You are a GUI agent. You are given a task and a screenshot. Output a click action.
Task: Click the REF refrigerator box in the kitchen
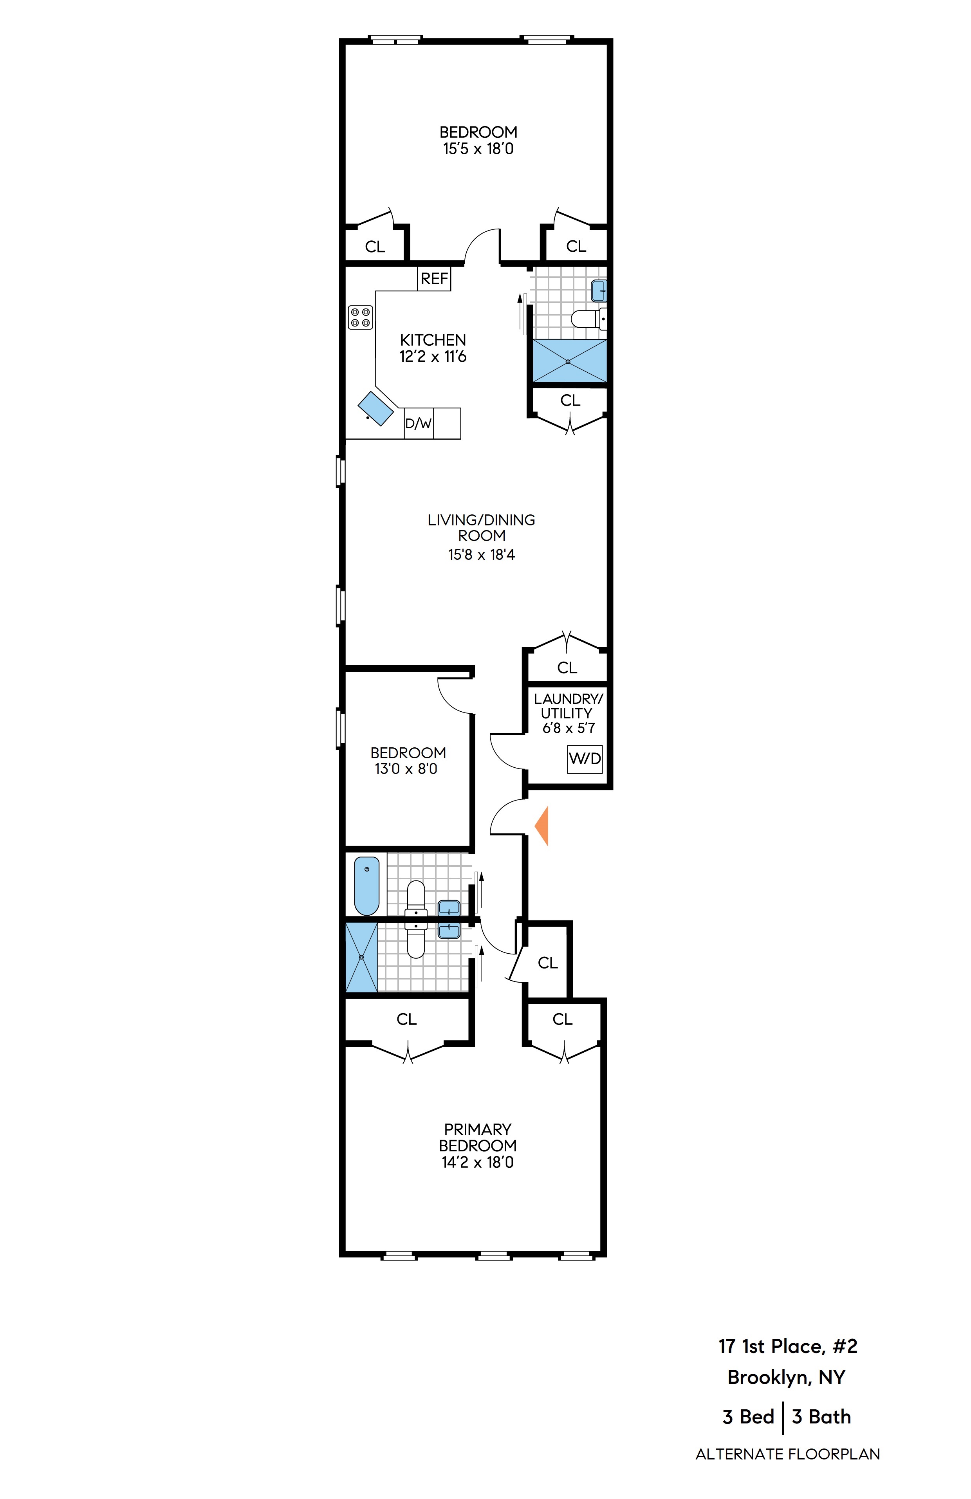point(434,278)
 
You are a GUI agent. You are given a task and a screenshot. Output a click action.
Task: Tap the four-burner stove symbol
point(360,317)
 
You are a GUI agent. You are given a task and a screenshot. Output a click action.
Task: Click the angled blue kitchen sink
point(375,408)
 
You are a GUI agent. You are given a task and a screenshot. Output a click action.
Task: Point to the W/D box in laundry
point(584,758)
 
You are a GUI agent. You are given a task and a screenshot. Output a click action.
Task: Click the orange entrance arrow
point(543,825)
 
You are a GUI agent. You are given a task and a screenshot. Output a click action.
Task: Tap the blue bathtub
point(367,884)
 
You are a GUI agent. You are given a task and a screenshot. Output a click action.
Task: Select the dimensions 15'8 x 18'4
point(482,555)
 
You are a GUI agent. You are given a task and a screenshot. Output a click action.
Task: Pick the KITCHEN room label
point(433,340)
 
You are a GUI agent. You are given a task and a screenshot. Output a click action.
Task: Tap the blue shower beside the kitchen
point(570,361)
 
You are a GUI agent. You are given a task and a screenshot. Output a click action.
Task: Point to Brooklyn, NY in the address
point(786,1377)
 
